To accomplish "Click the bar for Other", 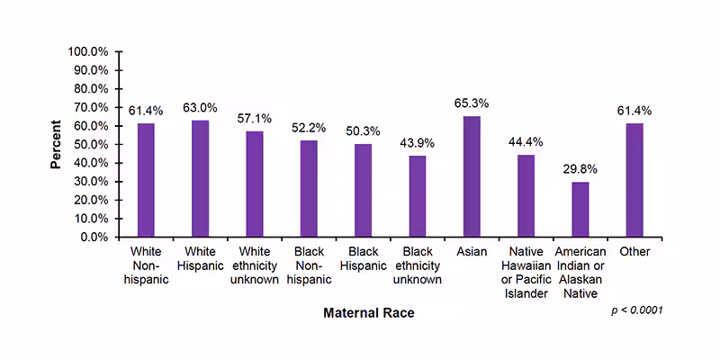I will coord(634,180).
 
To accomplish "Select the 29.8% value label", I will coord(580,169).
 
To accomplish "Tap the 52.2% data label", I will coord(309,128).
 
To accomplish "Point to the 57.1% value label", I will coord(254,119).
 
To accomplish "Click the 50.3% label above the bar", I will coord(363,131).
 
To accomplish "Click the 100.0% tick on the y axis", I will coord(87,51).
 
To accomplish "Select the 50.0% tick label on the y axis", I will coord(90,144).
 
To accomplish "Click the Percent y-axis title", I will coord(56,144).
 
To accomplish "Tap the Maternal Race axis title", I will coord(369,313).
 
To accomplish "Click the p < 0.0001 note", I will coord(636,310).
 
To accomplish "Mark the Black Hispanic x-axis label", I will coord(363,258).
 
